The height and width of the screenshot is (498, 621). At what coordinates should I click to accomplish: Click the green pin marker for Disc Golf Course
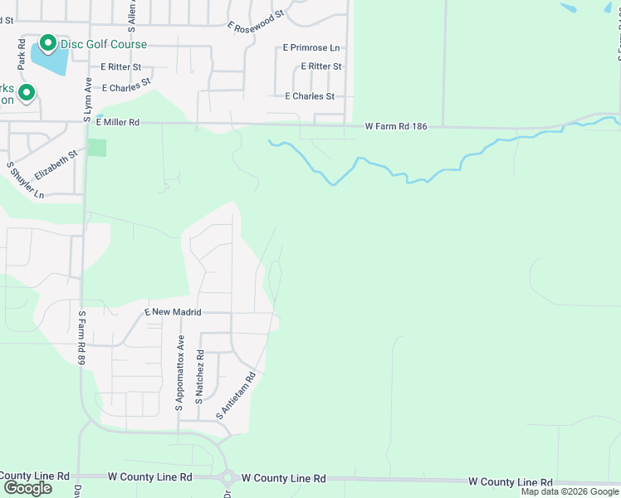pos(48,43)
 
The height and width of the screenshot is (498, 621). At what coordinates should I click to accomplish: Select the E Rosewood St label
pos(257,20)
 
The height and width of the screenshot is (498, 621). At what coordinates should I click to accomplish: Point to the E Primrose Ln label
pos(311,48)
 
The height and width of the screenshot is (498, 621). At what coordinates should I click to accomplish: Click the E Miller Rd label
pos(117,122)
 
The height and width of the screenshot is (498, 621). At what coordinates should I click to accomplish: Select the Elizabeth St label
pos(56,164)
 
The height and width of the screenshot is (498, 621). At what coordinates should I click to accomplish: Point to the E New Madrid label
pos(174,312)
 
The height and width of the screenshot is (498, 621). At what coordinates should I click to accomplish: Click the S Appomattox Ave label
pos(179,373)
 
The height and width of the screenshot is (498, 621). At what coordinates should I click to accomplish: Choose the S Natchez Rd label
pos(199,377)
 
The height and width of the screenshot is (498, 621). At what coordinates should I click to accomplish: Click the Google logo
pos(27,488)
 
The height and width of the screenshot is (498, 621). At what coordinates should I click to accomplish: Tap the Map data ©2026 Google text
pos(570,491)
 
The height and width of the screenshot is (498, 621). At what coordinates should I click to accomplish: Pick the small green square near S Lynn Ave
pos(97,148)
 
